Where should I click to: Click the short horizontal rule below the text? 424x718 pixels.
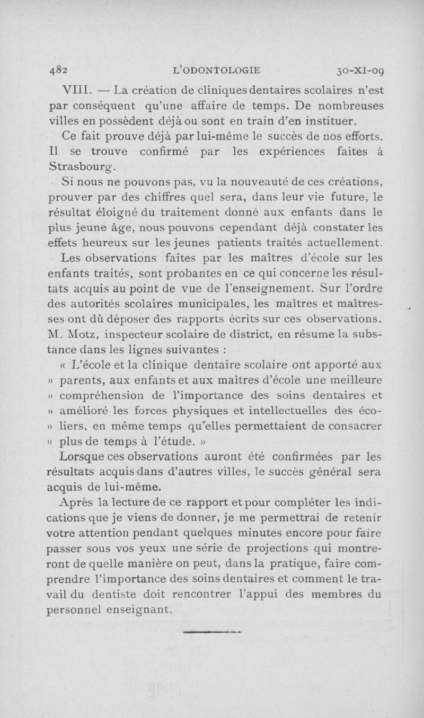coord(211,631)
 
